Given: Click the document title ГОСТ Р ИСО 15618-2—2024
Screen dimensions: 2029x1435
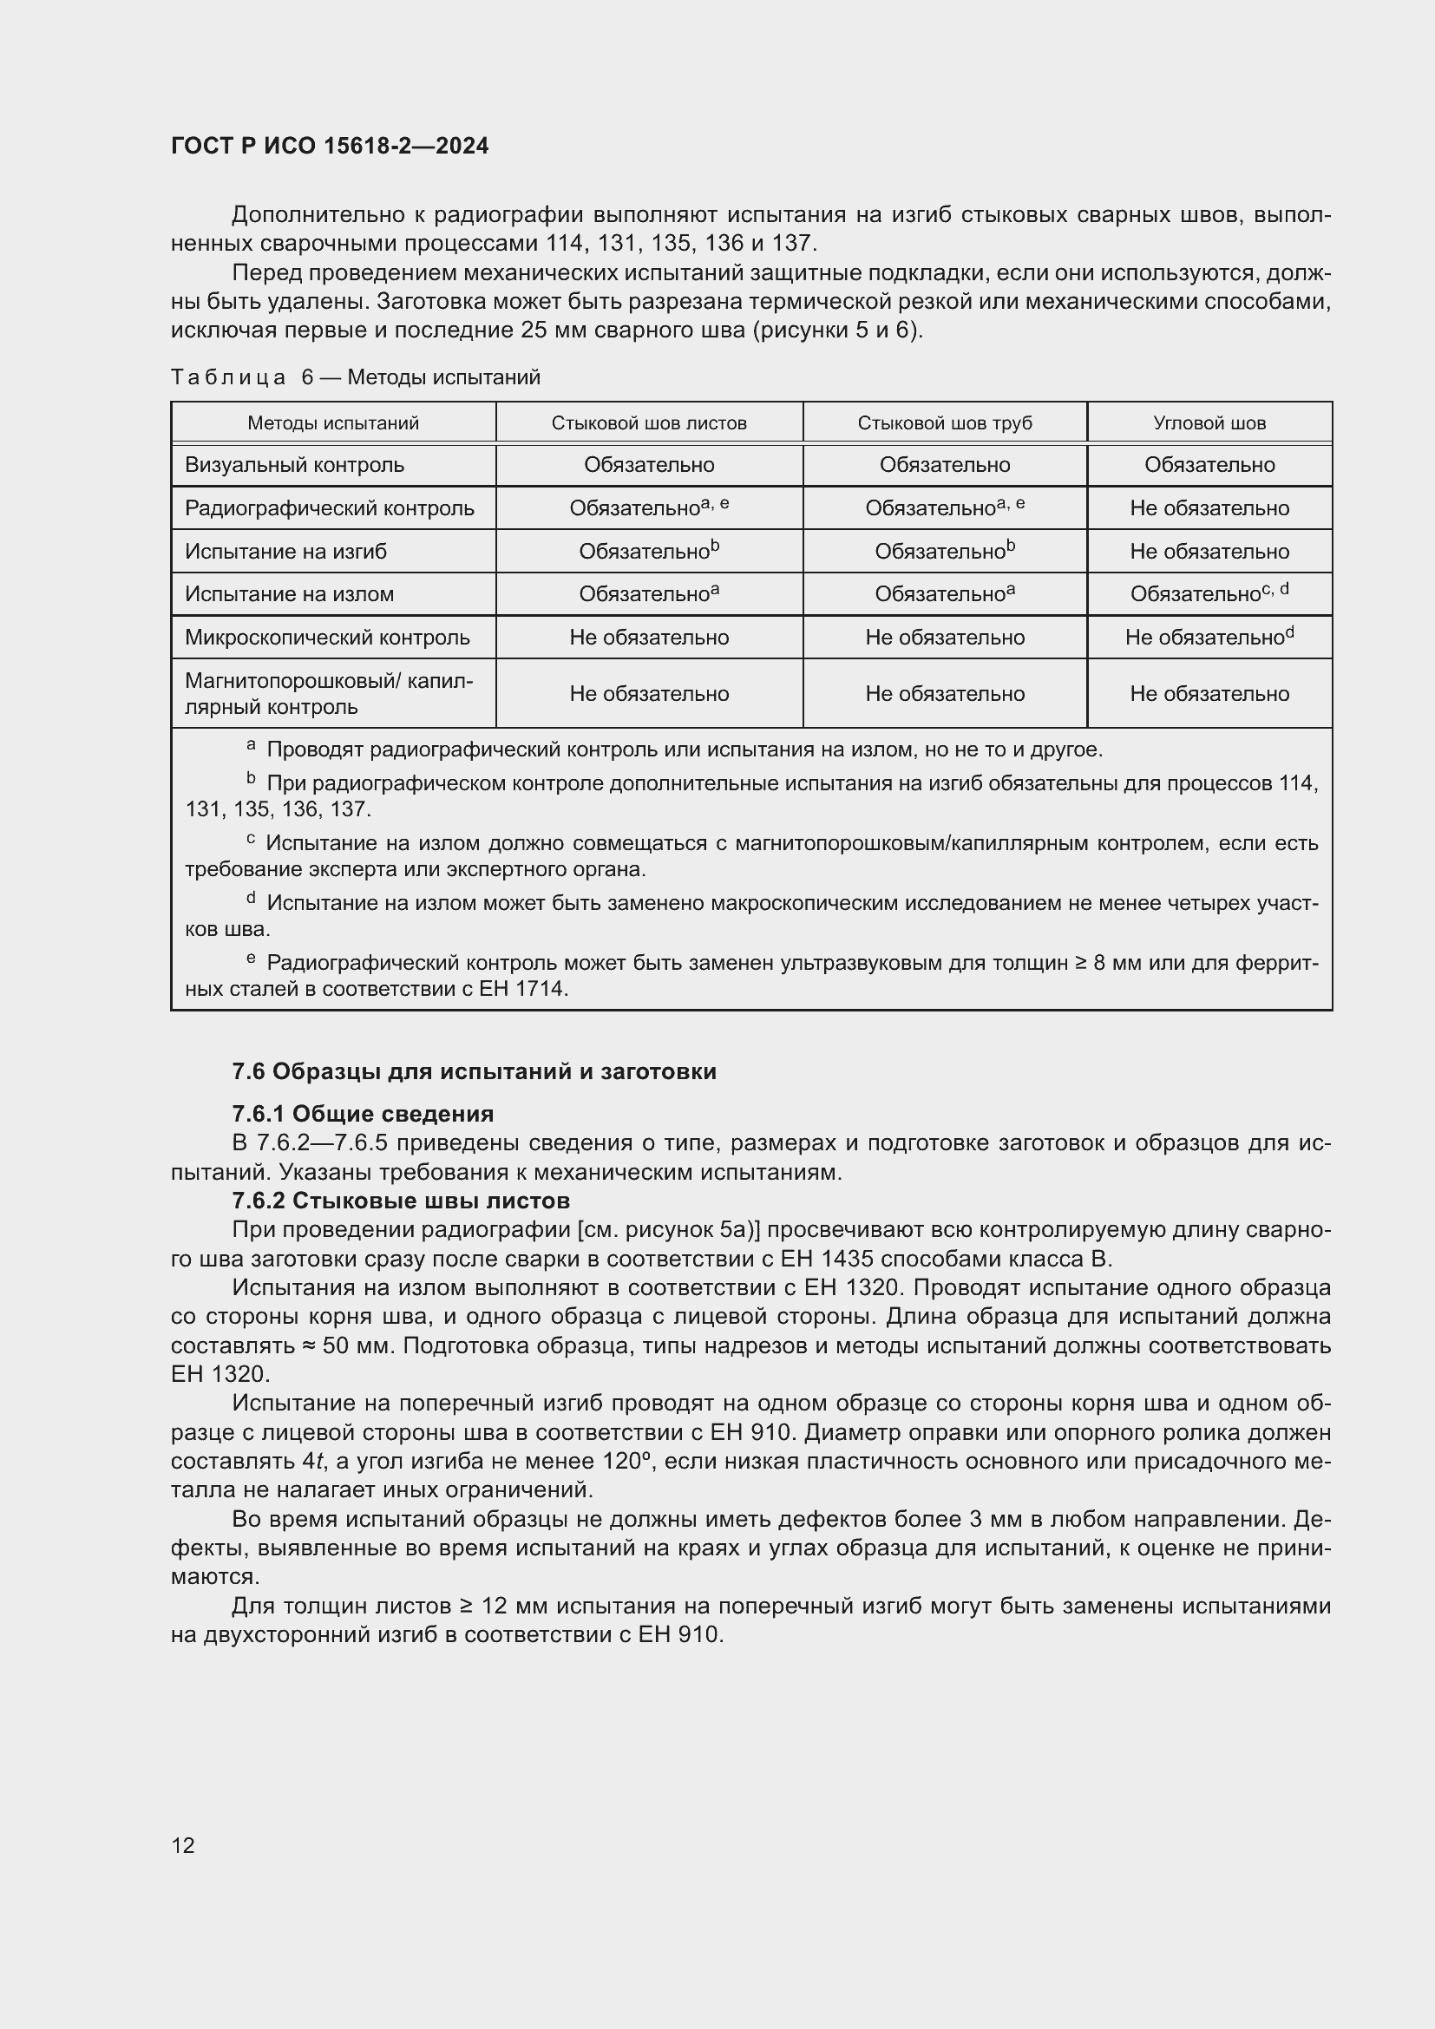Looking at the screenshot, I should click(330, 146).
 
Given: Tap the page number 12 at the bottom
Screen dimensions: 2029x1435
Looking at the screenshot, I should click(183, 1845).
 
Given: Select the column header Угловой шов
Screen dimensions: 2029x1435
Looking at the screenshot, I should click(1209, 423).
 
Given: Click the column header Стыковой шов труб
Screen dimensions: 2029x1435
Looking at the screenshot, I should click(945, 423).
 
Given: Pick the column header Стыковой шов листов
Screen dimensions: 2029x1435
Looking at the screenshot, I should click(649, 423).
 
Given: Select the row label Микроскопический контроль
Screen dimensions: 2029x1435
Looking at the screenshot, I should click(327, 638).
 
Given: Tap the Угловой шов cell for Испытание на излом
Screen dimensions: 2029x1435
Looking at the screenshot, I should click(1209, 594).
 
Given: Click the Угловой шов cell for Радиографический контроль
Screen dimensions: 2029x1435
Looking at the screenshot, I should click(1209, 508).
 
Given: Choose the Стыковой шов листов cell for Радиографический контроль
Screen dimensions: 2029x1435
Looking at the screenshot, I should click(649, 508).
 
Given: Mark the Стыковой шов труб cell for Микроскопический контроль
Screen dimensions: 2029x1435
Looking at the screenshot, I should click(945, 638).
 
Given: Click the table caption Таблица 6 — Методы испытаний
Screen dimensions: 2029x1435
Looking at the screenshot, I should click(355, 377).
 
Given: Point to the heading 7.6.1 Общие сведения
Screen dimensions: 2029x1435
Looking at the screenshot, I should click(363, 1114).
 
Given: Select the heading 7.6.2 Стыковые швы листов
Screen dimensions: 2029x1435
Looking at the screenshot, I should click(400, 1200).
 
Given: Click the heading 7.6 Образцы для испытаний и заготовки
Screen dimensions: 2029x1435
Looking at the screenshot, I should click(474, 1071).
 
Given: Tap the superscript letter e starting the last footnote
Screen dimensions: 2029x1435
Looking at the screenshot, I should click(251, 959).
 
